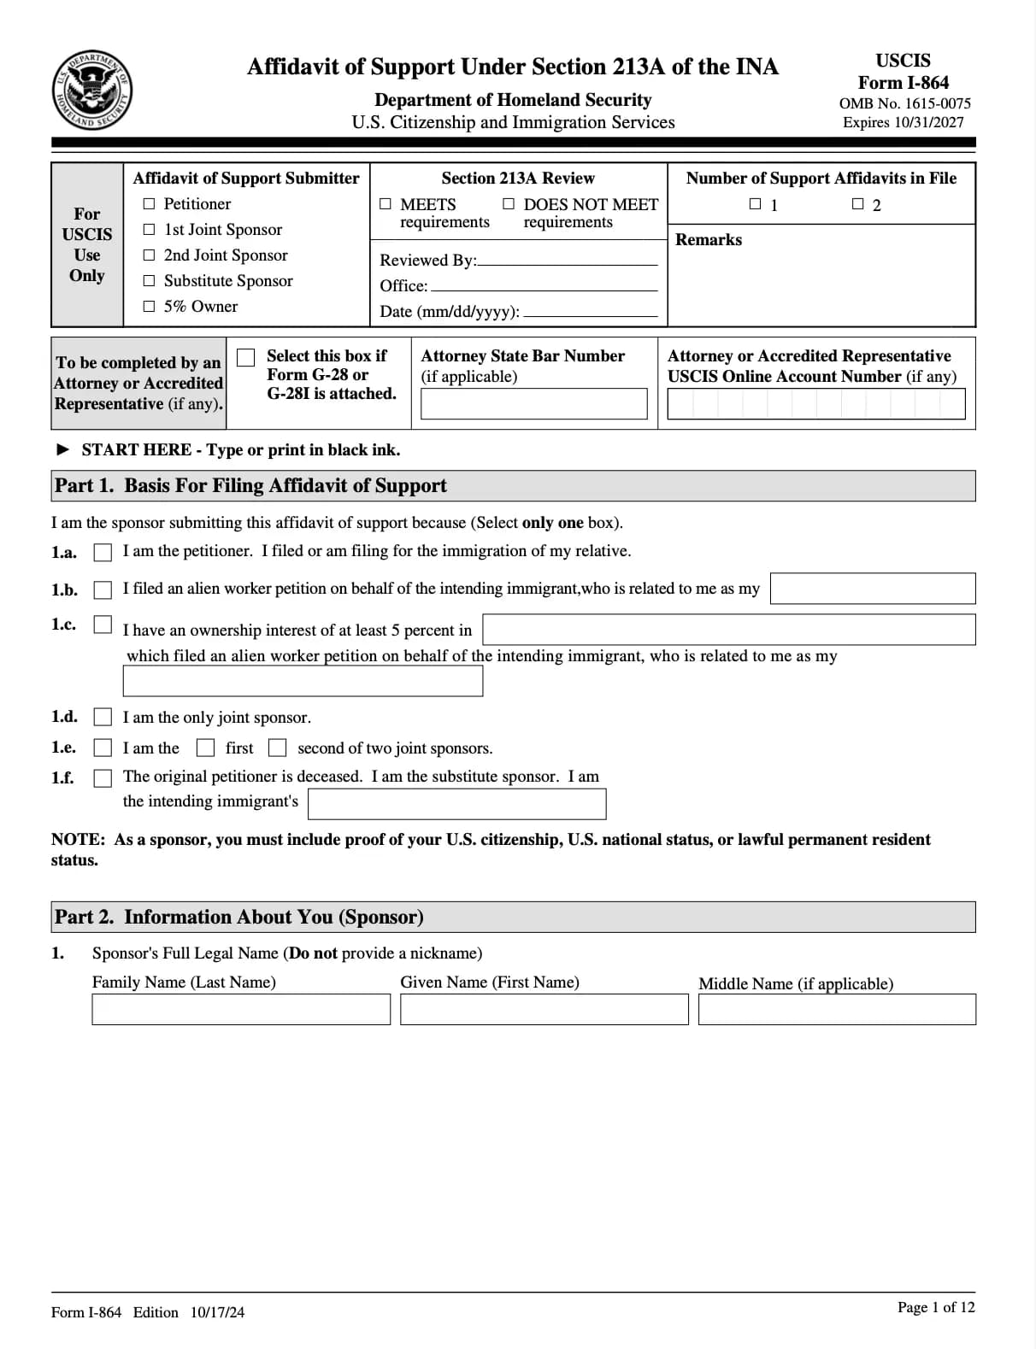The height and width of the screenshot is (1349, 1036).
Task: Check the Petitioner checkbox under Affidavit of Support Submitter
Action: pyautogui.click(x=150, y=204)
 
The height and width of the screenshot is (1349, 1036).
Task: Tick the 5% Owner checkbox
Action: pyautogui.click(x=150, y=307)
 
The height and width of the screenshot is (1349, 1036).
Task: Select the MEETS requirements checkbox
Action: pyautogui.click(x=386, y=204)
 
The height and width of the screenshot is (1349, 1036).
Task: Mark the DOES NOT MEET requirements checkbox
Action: pyautogui.click(x=509, y=204)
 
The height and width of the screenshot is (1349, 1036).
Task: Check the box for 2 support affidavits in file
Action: pyautogui.click(x=857, y=204)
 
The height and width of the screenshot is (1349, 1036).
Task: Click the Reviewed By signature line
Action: pyautogui.click(x=568, y=260)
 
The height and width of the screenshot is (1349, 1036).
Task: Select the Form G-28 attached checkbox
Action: pyautogui.click(x=246, y=358)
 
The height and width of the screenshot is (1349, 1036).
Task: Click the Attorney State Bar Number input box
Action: pyautogui.click(x=533, y=404)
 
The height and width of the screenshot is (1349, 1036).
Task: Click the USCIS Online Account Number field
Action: pyautogui.click(x=815, y=404)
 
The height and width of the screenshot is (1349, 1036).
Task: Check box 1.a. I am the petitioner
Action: pyautogui.click(x=103, y=553)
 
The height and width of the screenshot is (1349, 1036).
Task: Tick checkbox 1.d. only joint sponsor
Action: pyautogui.click(x=103, y=717)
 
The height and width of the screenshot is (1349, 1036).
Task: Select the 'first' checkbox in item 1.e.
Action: pyautogui.click(x=205, y=748)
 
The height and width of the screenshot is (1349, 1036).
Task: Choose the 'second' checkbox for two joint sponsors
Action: pyautogui.click(x=277, y=748)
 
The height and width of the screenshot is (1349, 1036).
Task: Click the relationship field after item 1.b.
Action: pyautogui.click(x=872, y=589)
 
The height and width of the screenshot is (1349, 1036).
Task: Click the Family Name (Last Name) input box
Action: pyautogui.click(x=240, y=1010)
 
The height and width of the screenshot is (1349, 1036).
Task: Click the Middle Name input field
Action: pyautogui.click(x=836, y=1010)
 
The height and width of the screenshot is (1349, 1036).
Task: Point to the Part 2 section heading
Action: pyautogui.click(x=239, y=917)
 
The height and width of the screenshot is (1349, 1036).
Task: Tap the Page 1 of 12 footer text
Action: pyautogui.click(x=935, y=1307)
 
